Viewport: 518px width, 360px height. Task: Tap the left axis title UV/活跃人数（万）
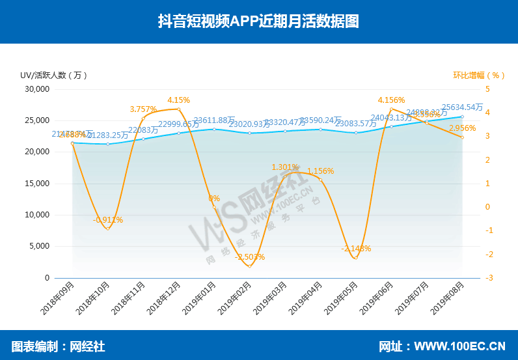[x=53, y=75]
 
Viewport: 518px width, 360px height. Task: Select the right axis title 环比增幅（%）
[x=479, y=75]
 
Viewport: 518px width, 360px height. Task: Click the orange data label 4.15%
[x=178, y=100]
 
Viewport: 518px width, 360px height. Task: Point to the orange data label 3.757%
[x=143, y=109]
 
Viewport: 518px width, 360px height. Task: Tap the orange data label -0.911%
[x=108, y=220]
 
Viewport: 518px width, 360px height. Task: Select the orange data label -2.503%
[x=250, y=257]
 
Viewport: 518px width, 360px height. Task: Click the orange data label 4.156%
[x=391, y=100]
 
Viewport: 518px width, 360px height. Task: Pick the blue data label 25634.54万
[x=462, y=107]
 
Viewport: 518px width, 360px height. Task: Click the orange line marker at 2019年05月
[x=355, y=258]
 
